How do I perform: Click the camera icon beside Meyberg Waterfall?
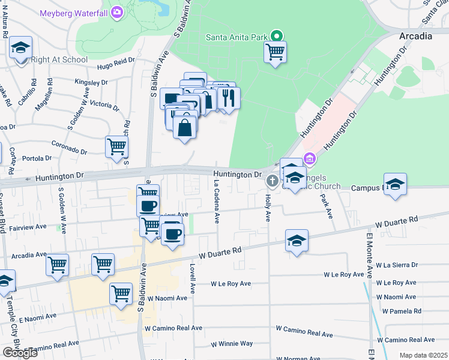coord(116,12)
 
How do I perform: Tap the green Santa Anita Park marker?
coord(276,36)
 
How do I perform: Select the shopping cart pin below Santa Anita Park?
coord(275,52)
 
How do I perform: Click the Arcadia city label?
coord(415,36)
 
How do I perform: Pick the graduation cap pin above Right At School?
coord(21,47)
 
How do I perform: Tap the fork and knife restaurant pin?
coord(228,98)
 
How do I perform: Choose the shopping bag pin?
coord(184,127)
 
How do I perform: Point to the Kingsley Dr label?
coord(91,82)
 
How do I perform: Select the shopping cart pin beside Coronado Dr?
coord(116,146)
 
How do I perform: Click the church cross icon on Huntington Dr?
coord(272,181)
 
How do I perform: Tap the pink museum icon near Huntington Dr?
coord(310,159)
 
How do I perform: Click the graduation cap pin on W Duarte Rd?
coord(297,241)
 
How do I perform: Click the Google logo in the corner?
coord(20,353)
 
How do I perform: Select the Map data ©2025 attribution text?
coord(423,355)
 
